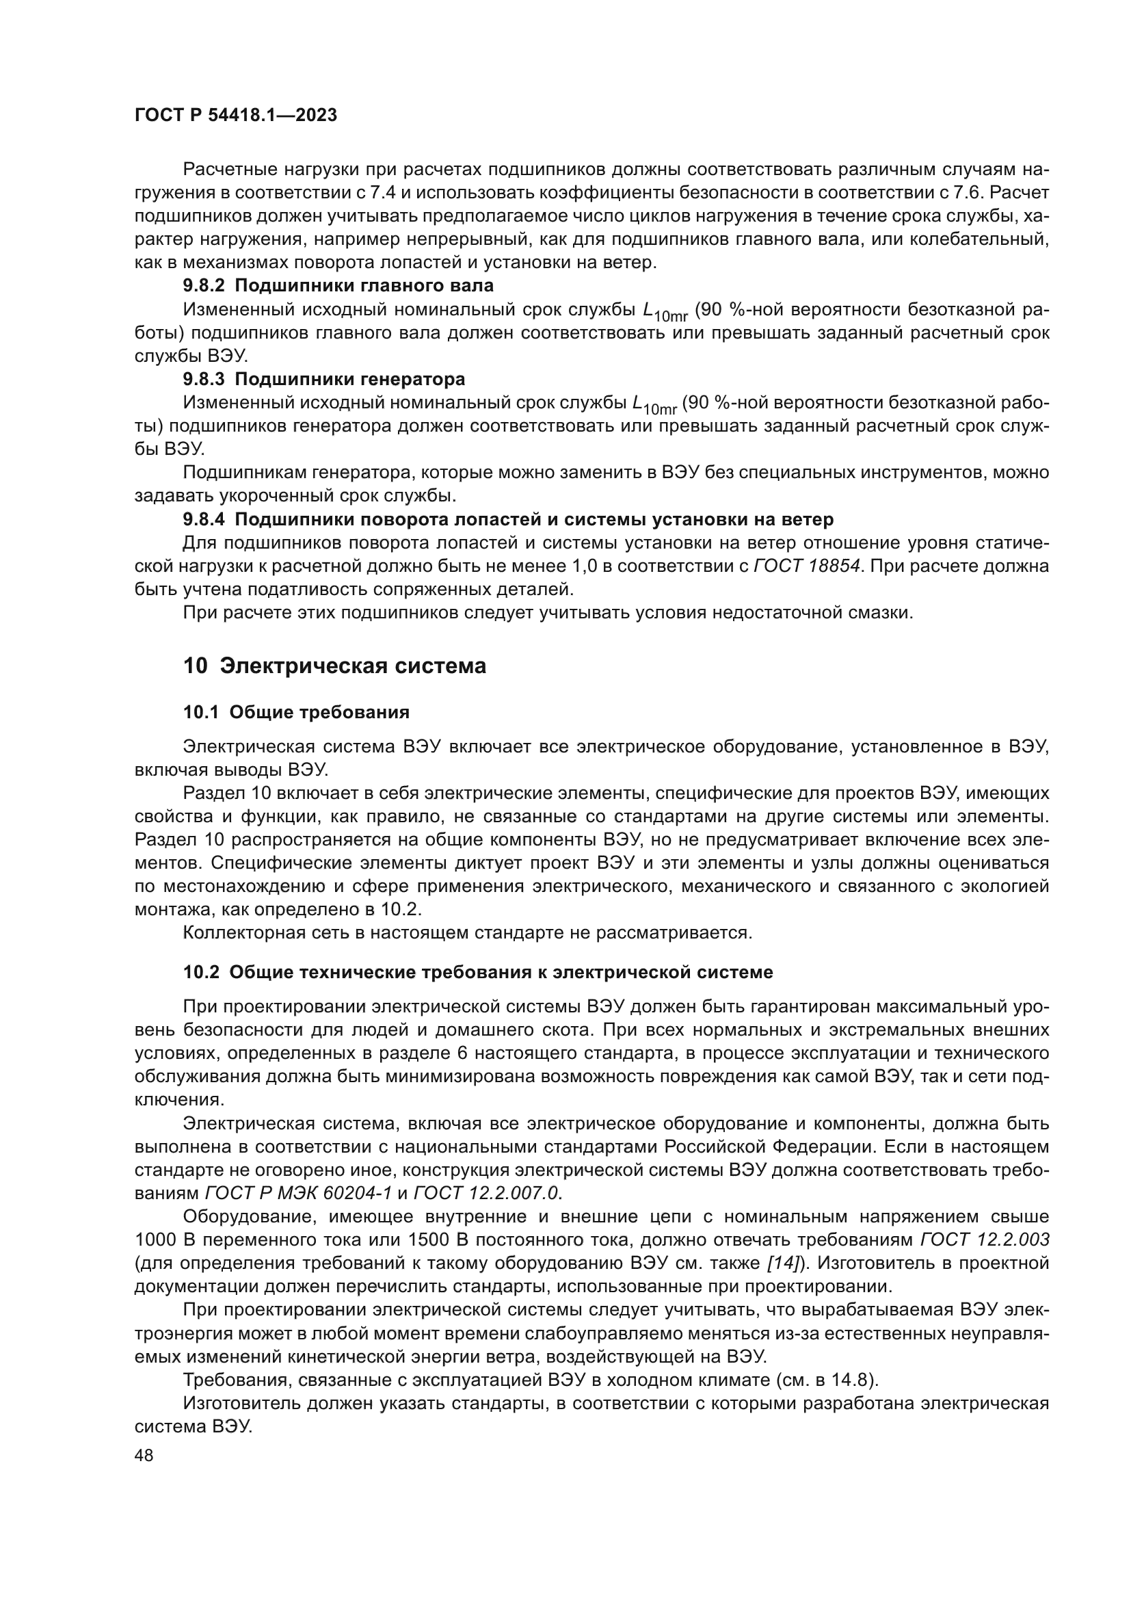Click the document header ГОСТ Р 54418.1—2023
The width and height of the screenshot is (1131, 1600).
(235, 116)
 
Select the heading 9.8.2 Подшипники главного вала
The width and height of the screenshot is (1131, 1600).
(338, 285)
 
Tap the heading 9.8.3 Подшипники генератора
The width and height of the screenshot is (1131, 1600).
(324, 379)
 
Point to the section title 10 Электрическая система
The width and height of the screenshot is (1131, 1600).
(334, 666)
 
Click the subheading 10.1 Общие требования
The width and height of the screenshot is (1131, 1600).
(296, 712)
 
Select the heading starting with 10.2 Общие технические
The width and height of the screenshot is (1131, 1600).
(478, 972)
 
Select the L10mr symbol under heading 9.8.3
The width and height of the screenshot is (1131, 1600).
(654, 405)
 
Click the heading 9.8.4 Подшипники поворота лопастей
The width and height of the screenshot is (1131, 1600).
(507, 519)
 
